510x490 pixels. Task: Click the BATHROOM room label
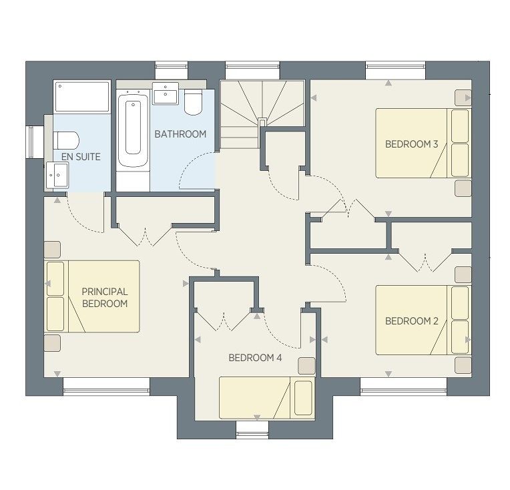[180, 134]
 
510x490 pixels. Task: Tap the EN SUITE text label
[81, 157]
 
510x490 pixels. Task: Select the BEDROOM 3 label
[411, 144]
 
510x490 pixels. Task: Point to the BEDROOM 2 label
[411, 321]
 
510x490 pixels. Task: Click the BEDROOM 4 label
[255, 358]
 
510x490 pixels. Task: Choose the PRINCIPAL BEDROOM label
[105, 297]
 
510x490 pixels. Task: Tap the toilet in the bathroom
[193, 101]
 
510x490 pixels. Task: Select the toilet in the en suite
[66, 140]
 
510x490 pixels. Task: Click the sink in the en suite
[57, 175]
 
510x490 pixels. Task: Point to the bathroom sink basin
[166, 93]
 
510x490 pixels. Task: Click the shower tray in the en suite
[82, 97]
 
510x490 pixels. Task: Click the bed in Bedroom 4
[267, 398]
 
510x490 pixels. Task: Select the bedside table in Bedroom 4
[306, 366]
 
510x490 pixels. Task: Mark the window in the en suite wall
[31, 142]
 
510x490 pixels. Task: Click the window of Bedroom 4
[252, 430]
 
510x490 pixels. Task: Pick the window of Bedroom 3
[395, 70]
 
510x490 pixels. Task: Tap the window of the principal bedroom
[106, 387]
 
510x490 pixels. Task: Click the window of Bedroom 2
[404, 387]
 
